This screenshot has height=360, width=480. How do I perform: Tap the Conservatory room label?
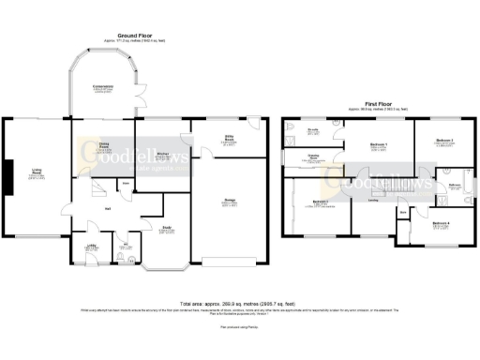(102, 88)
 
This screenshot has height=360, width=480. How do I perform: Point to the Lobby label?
(92, 247)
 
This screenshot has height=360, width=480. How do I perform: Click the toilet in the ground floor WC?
(128, 257)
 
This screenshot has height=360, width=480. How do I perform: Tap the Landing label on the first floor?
(372, 199)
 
